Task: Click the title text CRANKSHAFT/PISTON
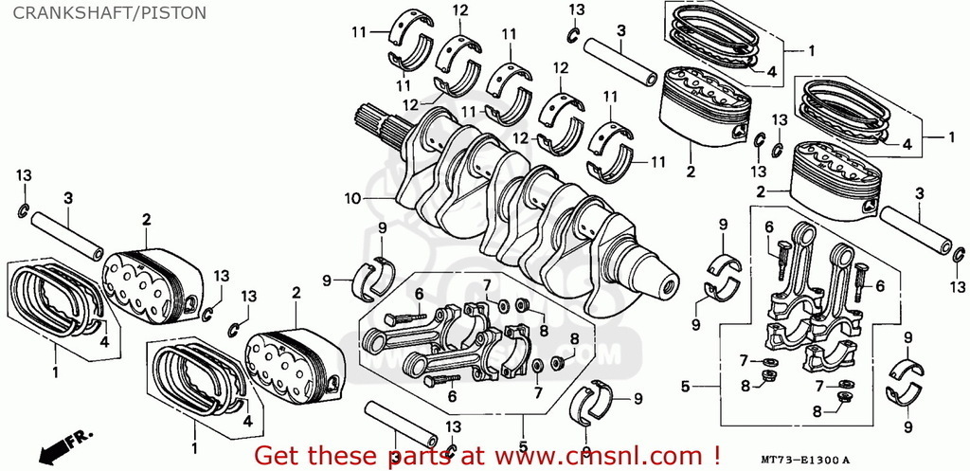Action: (x=110, y=13)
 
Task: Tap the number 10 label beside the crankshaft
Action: (x=352, y=199)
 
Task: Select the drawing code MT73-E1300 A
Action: (x=806, y=461)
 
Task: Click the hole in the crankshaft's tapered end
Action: (x=668, y=286)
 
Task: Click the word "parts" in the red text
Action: (x=422, y=457)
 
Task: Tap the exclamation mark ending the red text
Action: (x=716, y=455)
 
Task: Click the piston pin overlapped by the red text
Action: (x=401, y=426)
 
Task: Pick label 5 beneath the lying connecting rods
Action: (x=522, y=445)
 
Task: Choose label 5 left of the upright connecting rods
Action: (x=685, y=387)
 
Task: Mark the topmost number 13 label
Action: (x=576, y=9)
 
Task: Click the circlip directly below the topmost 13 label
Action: (x=573, y=35)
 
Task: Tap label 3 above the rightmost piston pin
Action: (x=919, y=193)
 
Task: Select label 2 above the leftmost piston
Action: (x=147, y=220)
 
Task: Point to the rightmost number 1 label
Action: (x=951, y=136)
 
